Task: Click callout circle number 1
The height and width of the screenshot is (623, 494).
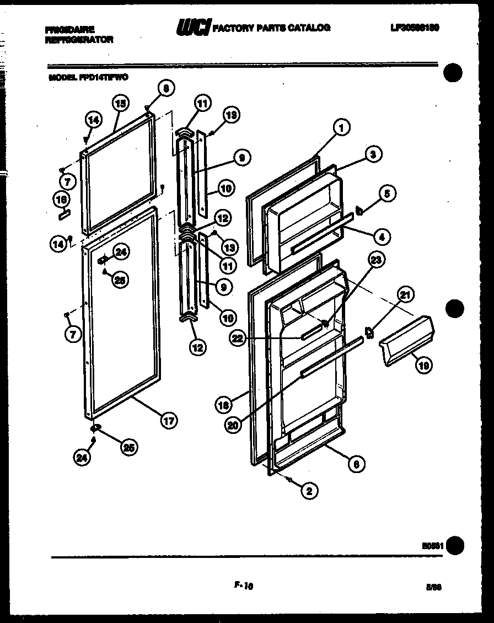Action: click(x=341, y=128)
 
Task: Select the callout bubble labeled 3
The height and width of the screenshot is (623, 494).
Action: click(x=373, y=155)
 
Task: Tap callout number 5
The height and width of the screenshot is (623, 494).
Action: click(x=387, y=194)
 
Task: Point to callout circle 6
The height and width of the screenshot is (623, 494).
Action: click(x=356, y=464)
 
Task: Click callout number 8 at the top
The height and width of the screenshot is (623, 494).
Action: click(x=165, y=87)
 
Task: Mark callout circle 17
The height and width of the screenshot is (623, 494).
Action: click(x=169, y=421)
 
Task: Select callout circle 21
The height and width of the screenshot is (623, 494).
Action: click(x=405, y=296)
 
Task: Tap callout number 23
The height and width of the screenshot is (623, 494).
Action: click(x=376, y=262)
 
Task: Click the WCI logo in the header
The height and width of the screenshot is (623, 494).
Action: click(x=192, y=27)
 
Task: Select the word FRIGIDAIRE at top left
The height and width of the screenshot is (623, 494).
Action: click(x=70, y=29)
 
